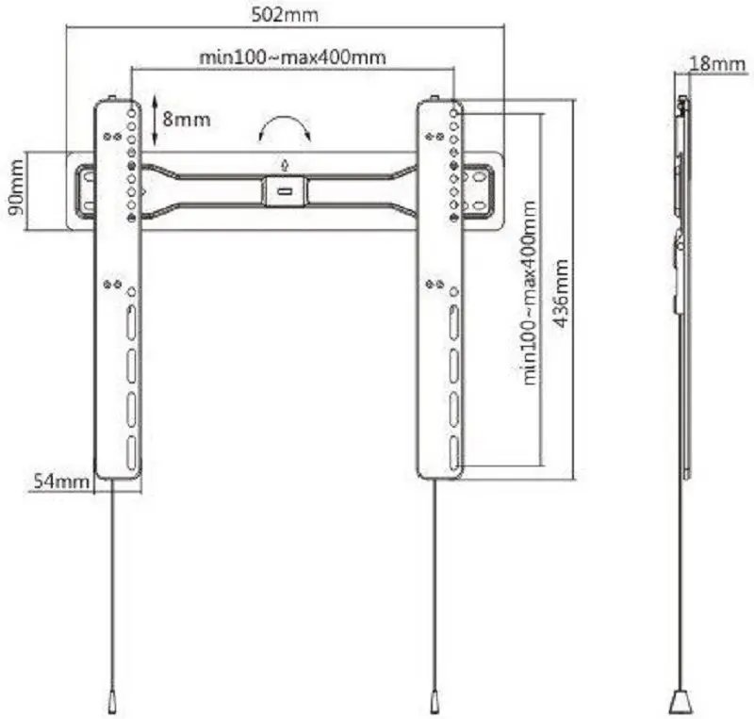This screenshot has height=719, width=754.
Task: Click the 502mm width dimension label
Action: click(286, 16)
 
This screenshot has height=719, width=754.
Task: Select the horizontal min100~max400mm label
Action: click(292, 57)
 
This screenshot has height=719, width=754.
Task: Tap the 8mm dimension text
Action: click(187, 119)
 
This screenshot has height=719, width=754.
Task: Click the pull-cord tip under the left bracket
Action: click(111, 702)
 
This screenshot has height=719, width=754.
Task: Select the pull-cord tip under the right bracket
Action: click(434, 702)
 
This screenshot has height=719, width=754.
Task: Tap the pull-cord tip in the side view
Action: click(680, 702)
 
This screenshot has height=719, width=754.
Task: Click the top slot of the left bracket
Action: click(131, 319)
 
